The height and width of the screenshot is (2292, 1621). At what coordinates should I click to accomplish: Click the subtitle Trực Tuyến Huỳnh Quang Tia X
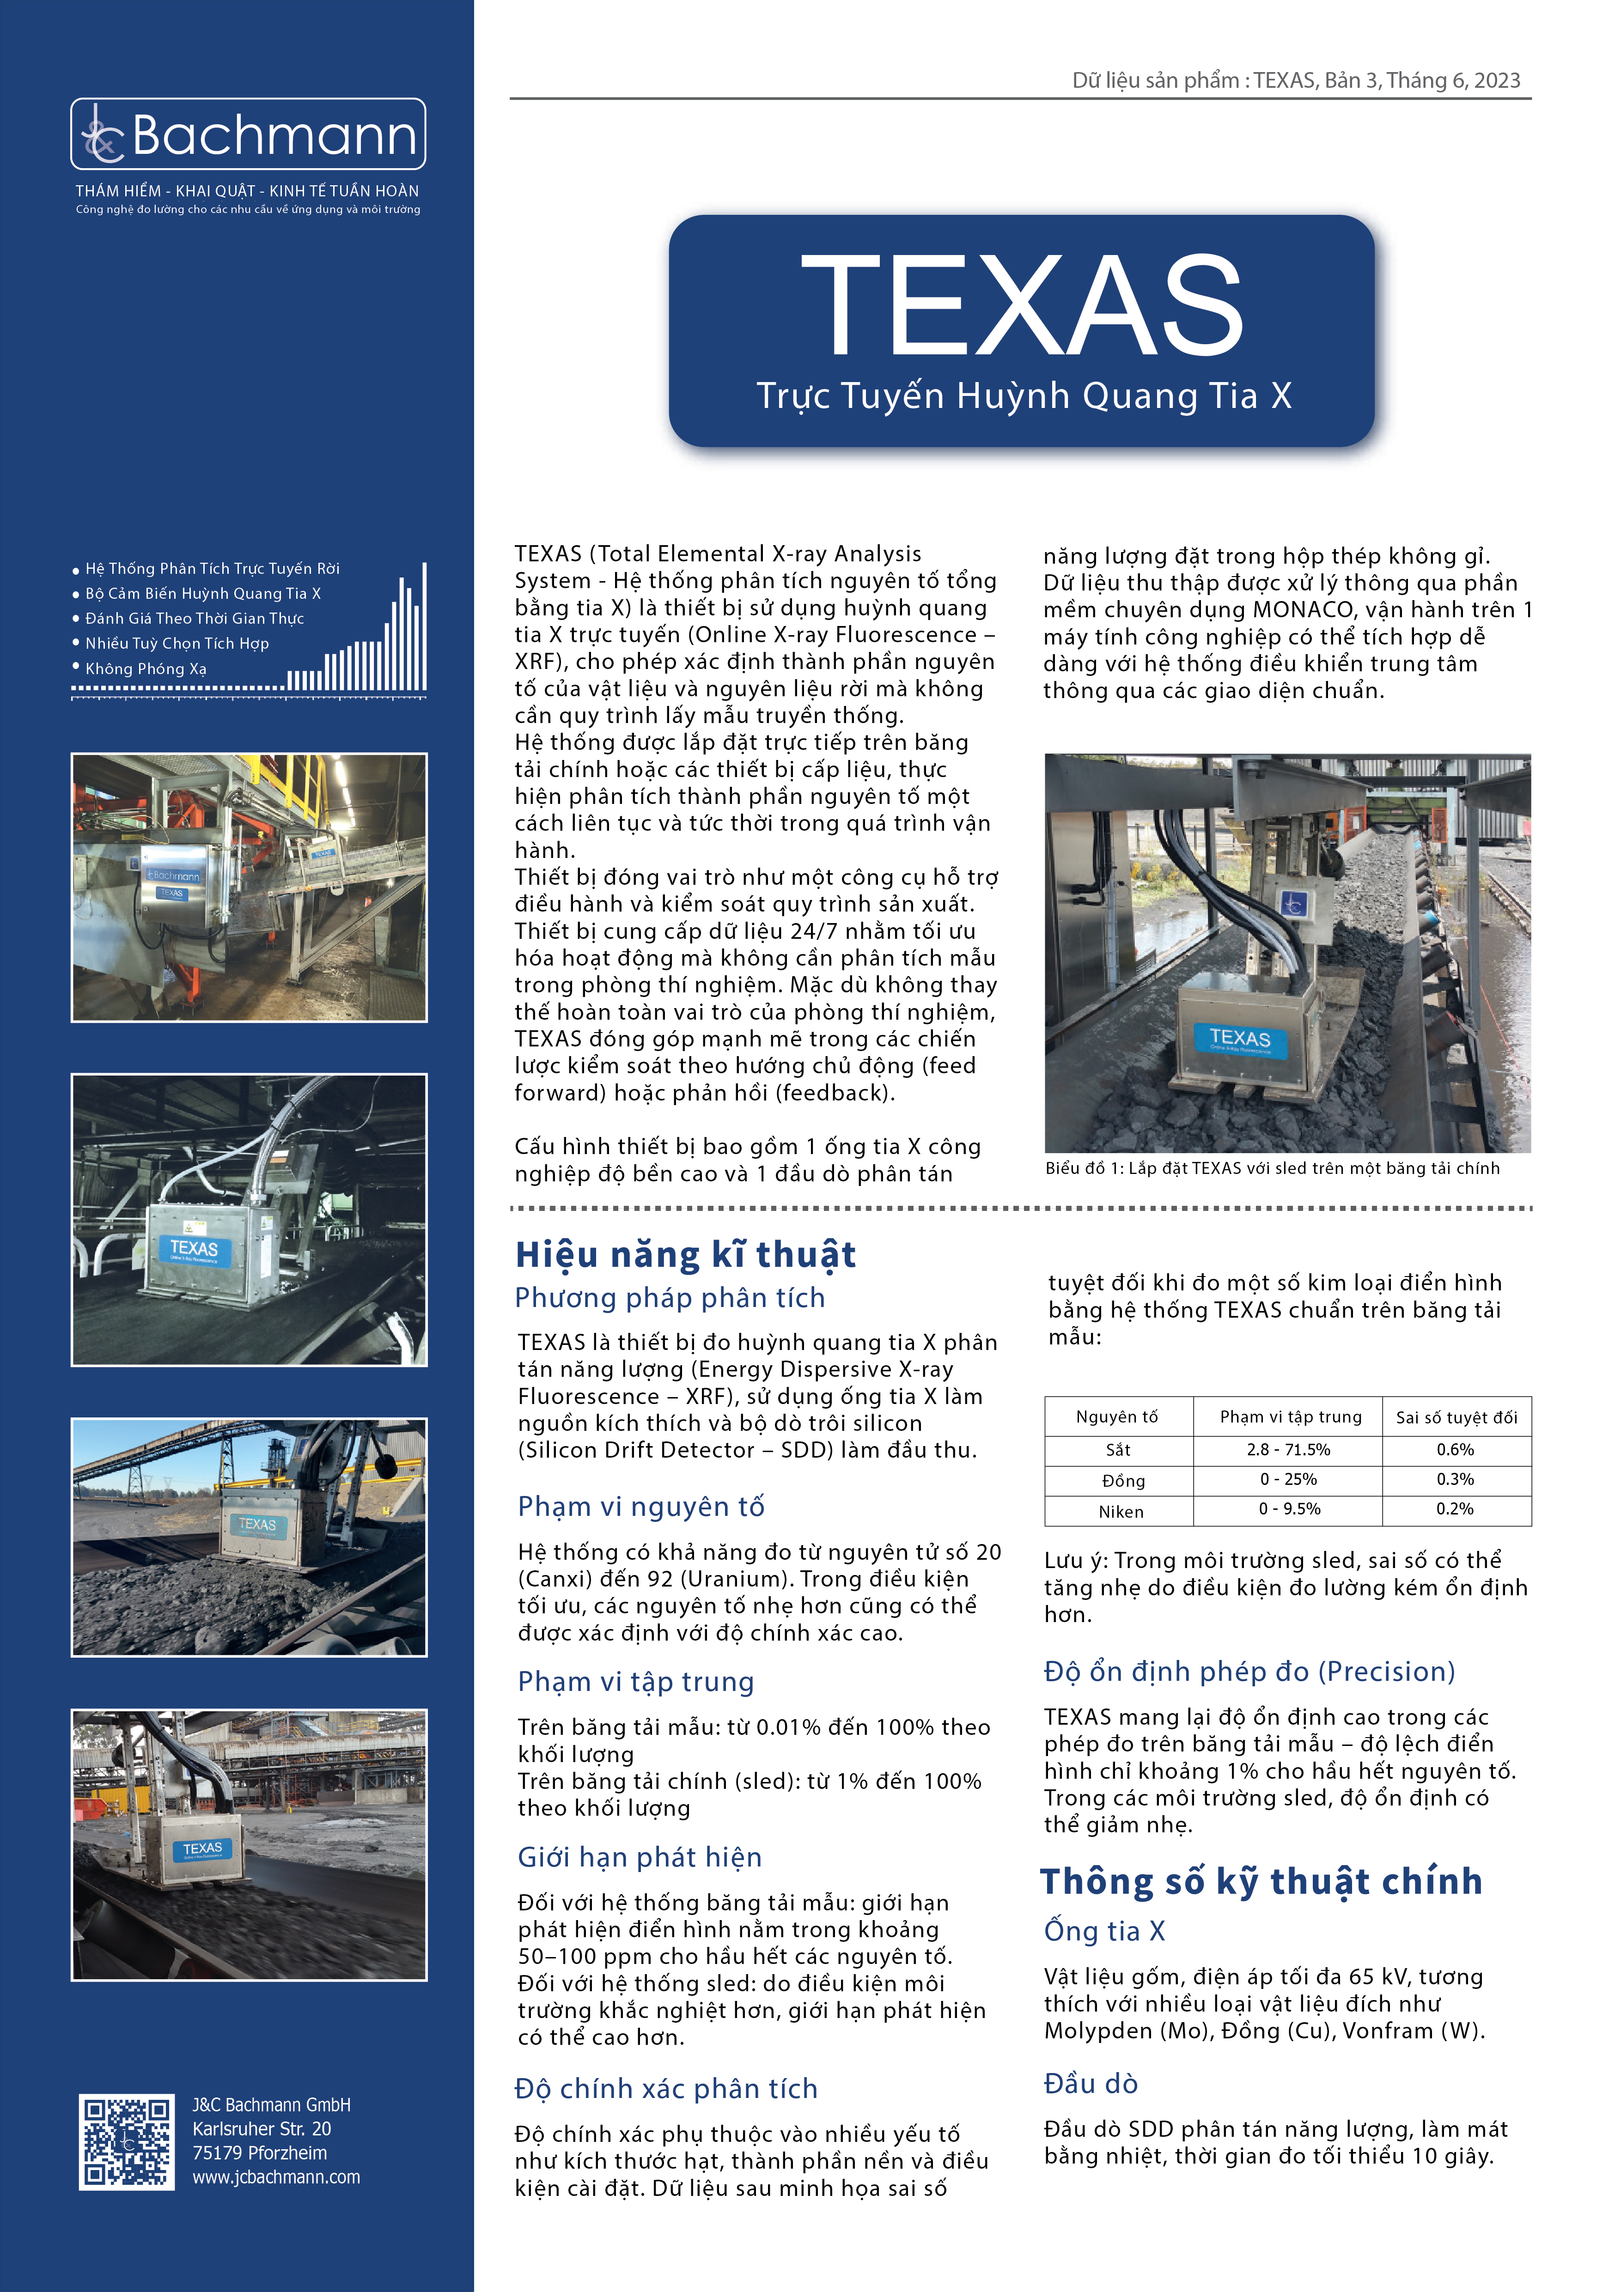[1023, 396]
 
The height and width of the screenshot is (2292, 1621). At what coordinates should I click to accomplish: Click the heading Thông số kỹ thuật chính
[1261, 1882]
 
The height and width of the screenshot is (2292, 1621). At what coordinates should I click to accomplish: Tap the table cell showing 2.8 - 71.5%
[1288, 1449]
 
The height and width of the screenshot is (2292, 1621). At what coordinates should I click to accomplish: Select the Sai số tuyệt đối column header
[1455, 1417]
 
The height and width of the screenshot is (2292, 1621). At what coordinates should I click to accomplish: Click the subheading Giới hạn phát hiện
[639, 1857]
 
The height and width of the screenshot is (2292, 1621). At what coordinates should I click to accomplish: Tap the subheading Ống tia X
[1104, 1931]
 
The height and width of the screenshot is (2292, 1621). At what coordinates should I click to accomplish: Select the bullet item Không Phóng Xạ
[146, 669]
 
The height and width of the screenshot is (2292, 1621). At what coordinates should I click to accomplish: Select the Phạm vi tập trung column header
[1290, 1417]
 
